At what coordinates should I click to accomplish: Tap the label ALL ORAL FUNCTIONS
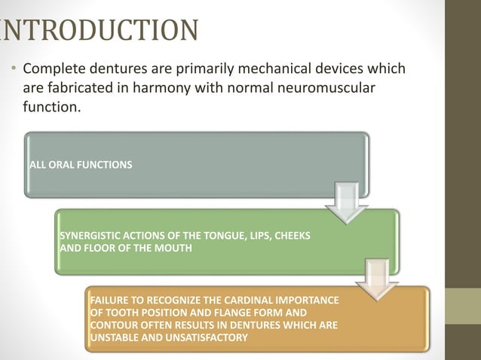(x=79, y=165)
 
